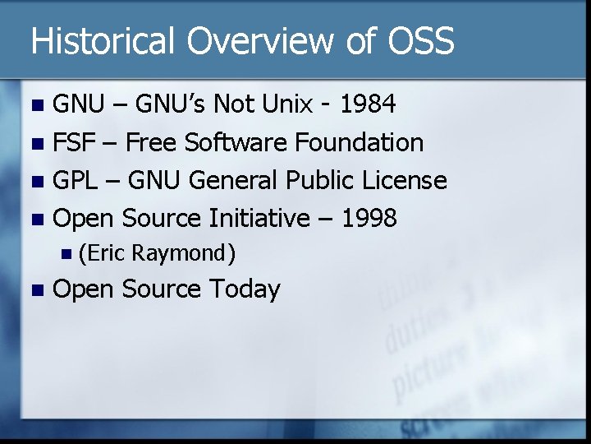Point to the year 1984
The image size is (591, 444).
368,104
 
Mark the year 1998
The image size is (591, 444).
369,218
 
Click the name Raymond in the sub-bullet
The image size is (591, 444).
183,254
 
